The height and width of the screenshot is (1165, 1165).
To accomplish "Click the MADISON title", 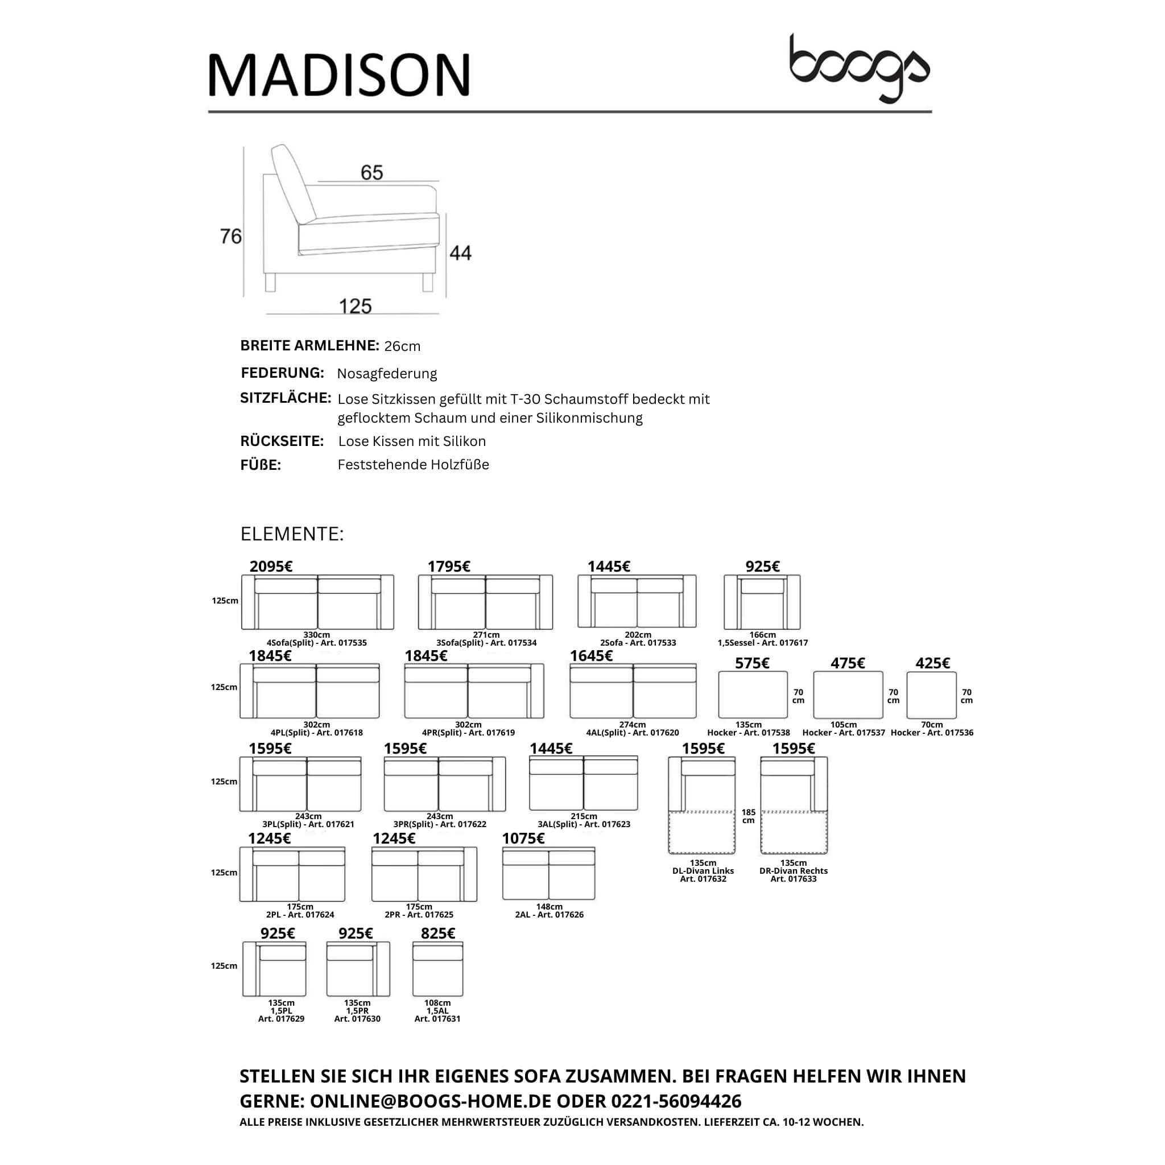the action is coord(339,75).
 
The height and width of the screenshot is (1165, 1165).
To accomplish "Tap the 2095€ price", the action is coord(271,566).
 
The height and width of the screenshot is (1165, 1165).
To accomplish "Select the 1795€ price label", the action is coord(449,566).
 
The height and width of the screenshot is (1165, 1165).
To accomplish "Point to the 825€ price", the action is coord(438,933).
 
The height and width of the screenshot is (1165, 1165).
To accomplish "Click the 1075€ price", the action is coord(523,838).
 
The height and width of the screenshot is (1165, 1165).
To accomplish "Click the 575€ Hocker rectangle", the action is coord(753,695).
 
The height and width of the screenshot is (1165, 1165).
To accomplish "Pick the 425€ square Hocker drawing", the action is coord(931,695).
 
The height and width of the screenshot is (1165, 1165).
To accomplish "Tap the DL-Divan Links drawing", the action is coord(703,805).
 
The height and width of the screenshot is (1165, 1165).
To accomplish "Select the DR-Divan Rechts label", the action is coord(794,871).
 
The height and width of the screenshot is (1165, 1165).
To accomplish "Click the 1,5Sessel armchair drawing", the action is coord(762,602).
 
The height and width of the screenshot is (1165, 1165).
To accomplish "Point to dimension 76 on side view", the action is coord(231,237).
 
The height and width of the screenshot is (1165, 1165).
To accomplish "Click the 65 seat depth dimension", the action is coord(372,173).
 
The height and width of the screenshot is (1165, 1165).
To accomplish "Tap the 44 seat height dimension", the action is coord(461,253).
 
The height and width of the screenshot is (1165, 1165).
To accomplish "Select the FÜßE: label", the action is coord(261,465).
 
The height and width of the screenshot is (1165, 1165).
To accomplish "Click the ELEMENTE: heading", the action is coord(292,534).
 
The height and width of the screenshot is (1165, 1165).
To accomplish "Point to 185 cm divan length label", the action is coord(749,816).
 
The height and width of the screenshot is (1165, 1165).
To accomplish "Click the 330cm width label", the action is coord(317,634).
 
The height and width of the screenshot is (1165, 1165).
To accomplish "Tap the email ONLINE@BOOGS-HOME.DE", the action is coord(431,1101).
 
